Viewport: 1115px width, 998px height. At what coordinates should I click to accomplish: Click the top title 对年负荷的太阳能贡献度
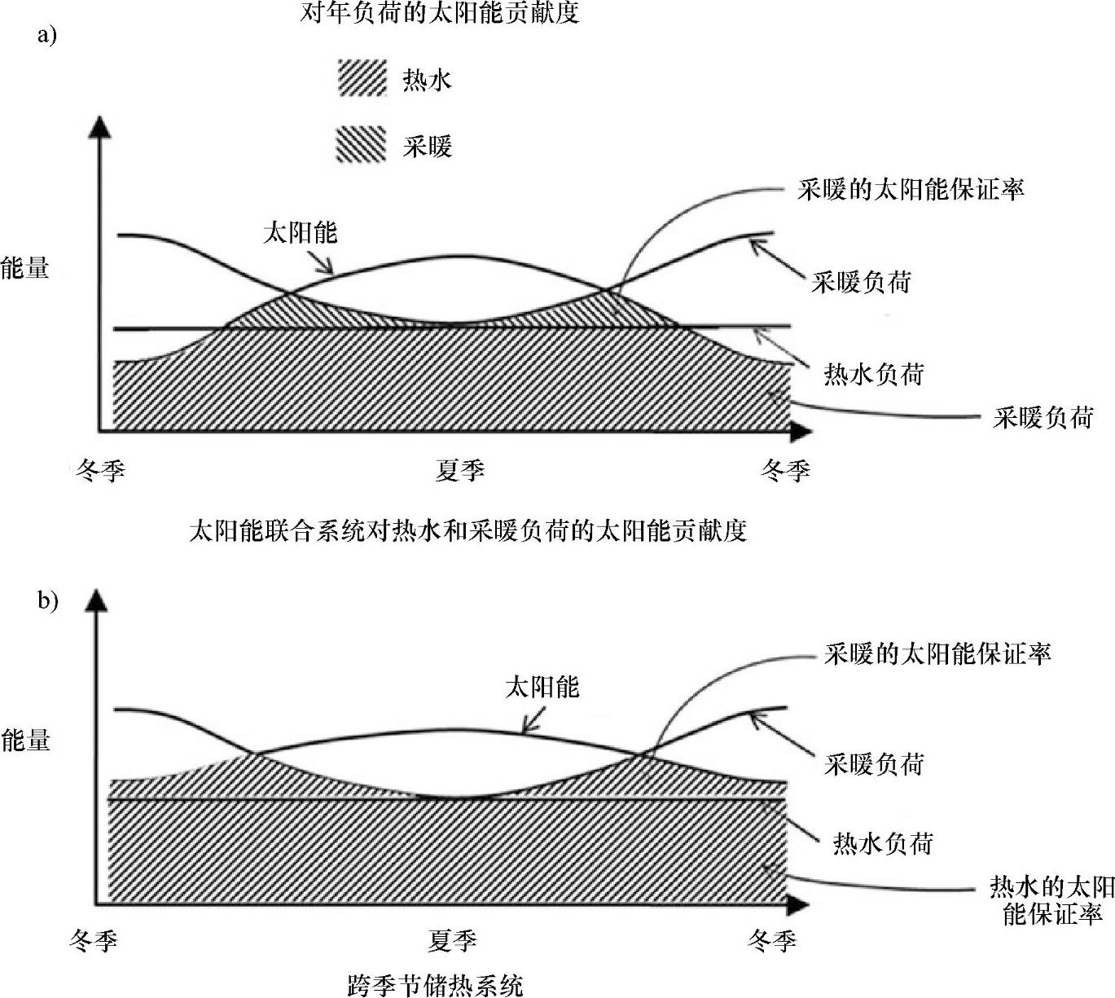440,14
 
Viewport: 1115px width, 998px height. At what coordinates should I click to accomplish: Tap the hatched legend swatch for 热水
361,79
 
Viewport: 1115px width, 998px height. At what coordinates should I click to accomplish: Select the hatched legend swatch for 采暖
361,145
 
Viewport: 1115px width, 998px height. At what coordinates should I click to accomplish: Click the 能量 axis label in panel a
24,267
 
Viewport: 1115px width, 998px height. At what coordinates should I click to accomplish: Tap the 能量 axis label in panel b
25,740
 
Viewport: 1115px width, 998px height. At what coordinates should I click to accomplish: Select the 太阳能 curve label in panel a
300,233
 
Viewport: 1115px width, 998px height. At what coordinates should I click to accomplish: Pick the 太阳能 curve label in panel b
542,687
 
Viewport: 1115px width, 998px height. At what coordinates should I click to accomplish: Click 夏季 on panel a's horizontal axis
459,470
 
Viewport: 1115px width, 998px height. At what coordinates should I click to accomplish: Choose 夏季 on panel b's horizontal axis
452,942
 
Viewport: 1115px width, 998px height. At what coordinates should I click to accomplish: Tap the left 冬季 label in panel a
100,470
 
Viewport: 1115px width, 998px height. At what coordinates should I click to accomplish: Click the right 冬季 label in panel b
771,942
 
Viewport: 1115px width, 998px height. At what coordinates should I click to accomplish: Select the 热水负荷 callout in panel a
874,374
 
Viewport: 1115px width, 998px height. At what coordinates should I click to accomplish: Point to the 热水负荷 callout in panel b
882,843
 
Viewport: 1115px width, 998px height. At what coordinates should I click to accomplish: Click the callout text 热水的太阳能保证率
1051,900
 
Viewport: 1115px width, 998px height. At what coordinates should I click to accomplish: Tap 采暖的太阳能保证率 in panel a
911,190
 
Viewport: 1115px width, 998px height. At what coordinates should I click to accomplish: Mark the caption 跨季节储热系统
435,985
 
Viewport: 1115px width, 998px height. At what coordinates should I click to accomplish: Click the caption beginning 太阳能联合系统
468,531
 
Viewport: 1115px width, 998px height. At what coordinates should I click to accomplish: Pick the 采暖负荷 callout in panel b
874,764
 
